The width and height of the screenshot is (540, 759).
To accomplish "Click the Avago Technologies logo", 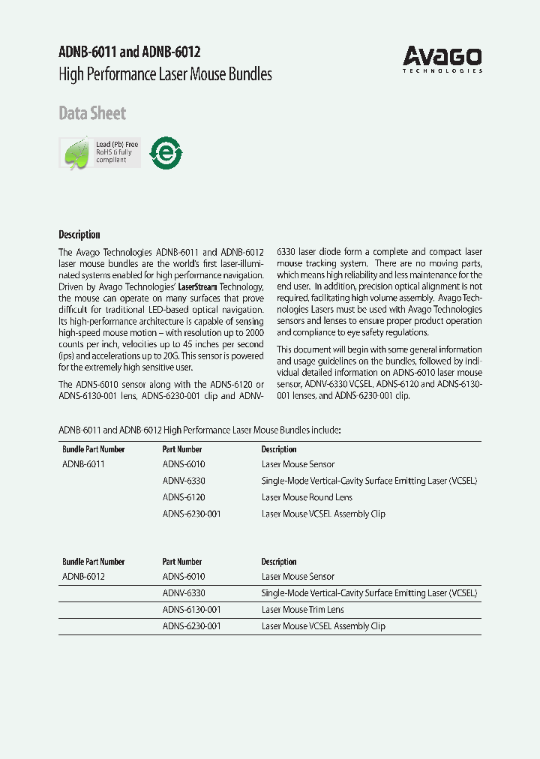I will [442, 58].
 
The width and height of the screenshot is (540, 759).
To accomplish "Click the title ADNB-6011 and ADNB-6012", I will [129, 52].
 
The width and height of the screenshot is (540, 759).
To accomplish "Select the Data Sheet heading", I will [92, 113].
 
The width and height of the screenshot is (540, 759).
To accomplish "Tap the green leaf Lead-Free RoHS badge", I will [100, 153].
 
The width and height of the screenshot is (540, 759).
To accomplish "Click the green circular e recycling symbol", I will [166, 152].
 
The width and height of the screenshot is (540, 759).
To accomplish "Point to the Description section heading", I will [79, 234].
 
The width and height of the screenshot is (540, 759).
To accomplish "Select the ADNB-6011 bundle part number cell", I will [83, 464].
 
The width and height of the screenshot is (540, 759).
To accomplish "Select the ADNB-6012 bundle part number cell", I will [83, 577].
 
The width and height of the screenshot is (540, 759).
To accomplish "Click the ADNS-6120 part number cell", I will [184, 497].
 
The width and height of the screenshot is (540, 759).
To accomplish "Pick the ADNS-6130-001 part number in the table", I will [191, 610].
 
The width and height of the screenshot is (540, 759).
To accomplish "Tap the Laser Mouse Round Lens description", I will [307, 497].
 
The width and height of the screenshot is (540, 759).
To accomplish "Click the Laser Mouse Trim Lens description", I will [302, 610].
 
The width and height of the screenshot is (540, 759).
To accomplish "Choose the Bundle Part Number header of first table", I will [94, 449].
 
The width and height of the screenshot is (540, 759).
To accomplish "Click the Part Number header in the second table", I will [182, 562].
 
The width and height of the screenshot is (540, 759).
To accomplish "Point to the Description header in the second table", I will [279, 562].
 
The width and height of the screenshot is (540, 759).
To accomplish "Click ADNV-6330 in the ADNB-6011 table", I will [184, 481].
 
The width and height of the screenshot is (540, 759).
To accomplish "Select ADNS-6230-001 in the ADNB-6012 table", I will [191, 626].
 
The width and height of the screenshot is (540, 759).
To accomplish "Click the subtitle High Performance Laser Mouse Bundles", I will [165, 74].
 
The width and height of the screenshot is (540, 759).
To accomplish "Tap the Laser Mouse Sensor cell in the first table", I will [298, 464].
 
